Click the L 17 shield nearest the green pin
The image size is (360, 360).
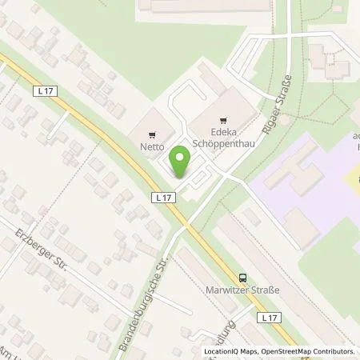point(162,196)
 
